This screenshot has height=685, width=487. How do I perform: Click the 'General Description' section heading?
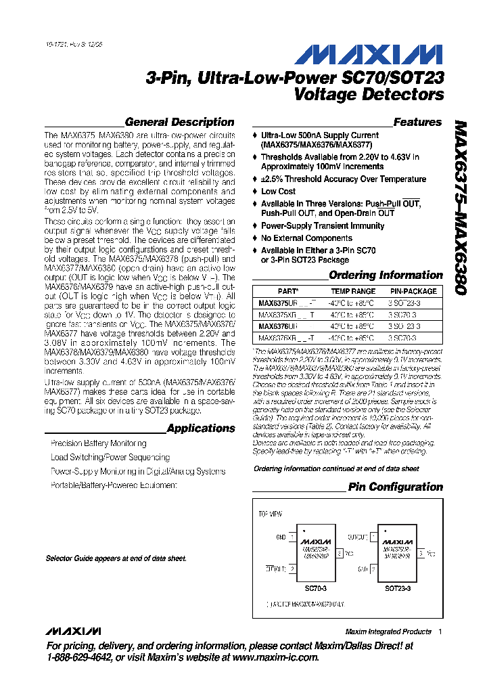pyautogui.click(x=180, y=123)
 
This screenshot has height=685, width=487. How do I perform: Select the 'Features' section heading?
pyautogui.click(x=417, y=123)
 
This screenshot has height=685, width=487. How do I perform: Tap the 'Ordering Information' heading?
pyautogui.click(x=386, y=275)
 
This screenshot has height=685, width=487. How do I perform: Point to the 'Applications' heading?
pyautogui.click(x=201, y=428)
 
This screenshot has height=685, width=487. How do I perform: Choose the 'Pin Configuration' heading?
pyautogui.click(x=395, y=487)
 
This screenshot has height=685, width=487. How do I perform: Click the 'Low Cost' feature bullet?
pyautogui.click(x=278, y=192)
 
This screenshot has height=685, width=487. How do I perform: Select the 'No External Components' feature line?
pyautogui.click(x=306, y=238)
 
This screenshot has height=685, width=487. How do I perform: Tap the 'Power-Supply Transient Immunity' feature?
pyautogui.click(x=323, y=226)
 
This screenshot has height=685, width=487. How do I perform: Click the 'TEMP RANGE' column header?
pyautogui.click(x=354, y=291)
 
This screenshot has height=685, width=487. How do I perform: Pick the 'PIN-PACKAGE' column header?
pyautogui.click(x=413, y=291)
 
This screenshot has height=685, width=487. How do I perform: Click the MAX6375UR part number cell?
pyautogui.click(x=279, y=303)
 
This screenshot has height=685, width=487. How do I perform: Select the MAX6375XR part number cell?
pyautogui.click(x=279, y=315)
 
